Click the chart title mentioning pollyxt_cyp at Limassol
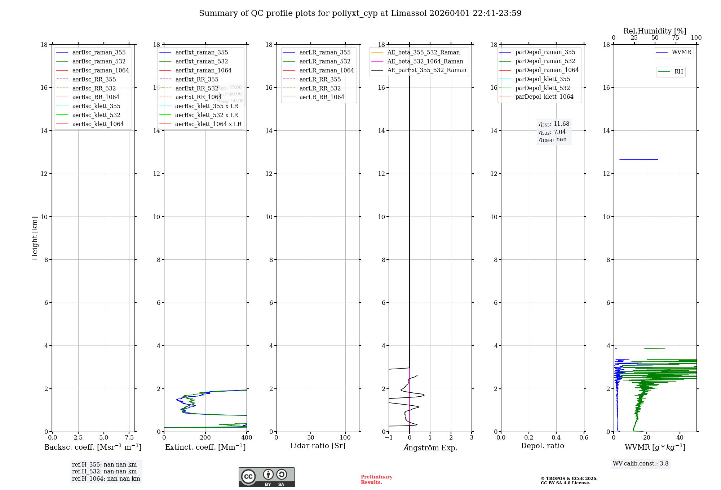pos(360,13)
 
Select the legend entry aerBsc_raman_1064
pos(100,70)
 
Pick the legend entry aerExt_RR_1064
pos(198,97)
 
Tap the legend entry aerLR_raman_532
pos(325,61)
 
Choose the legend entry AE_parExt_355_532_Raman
pos(426,70)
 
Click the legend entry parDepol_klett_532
pos(543,88)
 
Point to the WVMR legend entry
pos(681,52)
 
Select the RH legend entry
pos(678,72)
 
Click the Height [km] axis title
pos(35,238)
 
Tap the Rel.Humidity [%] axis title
pos(655,31)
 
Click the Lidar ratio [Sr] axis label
pos(318,446)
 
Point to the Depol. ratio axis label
pos(542,446)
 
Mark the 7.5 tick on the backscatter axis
pos(129,438)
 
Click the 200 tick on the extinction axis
pos(205,438)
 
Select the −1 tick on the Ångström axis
pos(389,438)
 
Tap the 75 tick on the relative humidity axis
pos(676,38)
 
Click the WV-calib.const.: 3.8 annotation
pos(641,464)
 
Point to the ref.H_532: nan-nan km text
pos(104,472)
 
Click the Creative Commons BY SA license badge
pos(266,477)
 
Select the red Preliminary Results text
pos(376,480)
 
